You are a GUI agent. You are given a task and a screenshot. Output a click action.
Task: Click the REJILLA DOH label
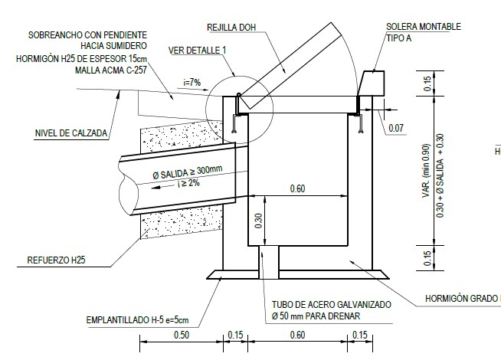tap(231, 28)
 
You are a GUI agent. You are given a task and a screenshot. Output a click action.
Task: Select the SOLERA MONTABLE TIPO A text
tap(424, 32)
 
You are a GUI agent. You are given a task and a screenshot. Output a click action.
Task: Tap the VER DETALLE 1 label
tap(197, 50)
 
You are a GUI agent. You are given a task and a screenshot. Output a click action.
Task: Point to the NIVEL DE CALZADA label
tap(71, 133)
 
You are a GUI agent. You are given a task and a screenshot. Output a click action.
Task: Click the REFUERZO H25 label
tap(56, 260)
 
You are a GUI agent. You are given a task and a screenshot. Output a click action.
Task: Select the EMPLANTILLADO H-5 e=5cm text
tap(137, 320)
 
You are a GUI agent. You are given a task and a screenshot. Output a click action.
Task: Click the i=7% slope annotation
tap(192, 83)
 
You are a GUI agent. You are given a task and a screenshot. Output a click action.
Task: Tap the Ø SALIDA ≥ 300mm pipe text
tap(188, 172)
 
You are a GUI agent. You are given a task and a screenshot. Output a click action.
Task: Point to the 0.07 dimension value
tap(396, 128)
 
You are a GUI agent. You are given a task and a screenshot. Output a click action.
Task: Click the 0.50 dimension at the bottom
tap(182, 335)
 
